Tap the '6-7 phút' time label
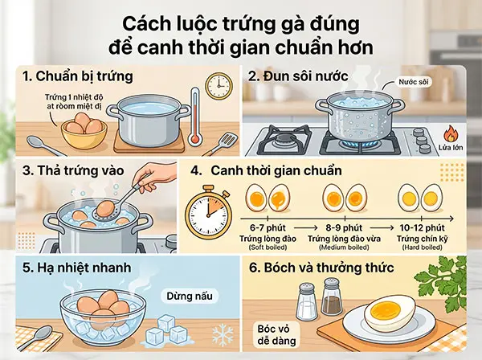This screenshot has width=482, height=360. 268,229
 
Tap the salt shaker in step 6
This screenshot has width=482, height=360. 306,303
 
